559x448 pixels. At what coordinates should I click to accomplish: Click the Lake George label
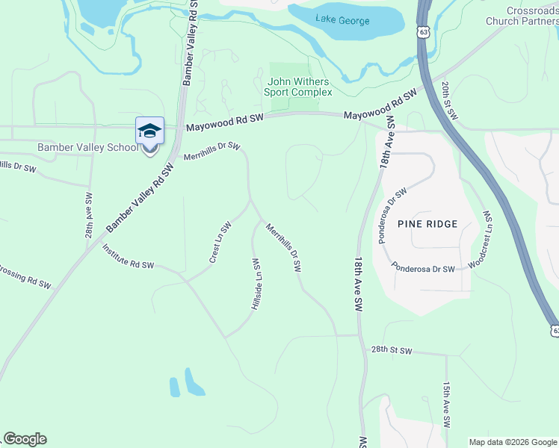click(342, 19)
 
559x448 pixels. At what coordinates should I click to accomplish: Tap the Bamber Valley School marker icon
click(149, 132)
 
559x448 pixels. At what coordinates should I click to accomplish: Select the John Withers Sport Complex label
click(298, 87)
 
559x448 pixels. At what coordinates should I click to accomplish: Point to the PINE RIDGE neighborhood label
click(427, 224)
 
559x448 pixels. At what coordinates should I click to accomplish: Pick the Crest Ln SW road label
click(220, 243)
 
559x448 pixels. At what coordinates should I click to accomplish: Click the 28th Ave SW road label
click(88, 216)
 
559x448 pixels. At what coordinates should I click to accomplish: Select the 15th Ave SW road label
click(446, 405)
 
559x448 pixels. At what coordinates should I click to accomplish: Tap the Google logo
click(25, 439)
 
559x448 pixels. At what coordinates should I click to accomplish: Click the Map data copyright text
click(513, 442)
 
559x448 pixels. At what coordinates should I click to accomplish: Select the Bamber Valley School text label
click(88, 147)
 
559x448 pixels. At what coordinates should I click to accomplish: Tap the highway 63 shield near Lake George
click(424, 33)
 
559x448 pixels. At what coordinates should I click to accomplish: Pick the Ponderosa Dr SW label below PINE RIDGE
click(423, 269)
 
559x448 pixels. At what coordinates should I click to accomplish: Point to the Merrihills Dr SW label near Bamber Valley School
click(211, 150)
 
